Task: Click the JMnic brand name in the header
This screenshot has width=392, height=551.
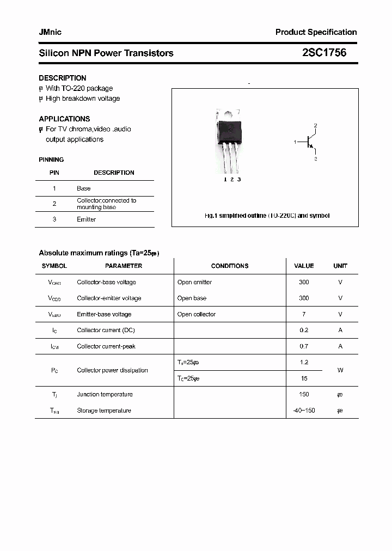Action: (50, 32)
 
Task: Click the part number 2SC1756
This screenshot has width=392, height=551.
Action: (324, 53)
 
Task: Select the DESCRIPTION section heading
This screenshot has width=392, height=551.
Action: (63, 78)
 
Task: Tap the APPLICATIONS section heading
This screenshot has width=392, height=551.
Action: (64, 119)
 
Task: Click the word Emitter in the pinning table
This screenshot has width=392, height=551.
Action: (86, 219)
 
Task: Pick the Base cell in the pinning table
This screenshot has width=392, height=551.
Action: (83, 188)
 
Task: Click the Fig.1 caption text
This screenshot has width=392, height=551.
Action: (267, 216)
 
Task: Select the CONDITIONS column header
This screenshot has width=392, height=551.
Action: (229, 266)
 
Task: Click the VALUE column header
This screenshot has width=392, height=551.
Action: (304, 266)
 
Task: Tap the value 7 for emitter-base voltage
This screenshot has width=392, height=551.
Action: (304, 314)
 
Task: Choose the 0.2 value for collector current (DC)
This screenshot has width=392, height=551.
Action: (304, 330)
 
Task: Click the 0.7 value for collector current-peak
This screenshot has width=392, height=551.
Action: (304, 346)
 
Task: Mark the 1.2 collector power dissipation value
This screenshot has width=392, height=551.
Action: (304, 362)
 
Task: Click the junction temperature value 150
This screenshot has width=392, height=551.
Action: (304, 394)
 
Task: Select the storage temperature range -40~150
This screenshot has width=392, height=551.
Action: (304, 411)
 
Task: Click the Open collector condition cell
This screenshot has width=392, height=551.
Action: (196, 314)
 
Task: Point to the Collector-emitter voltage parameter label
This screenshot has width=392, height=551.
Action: (109, 298)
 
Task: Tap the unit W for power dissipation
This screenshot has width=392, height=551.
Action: (340, 370)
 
